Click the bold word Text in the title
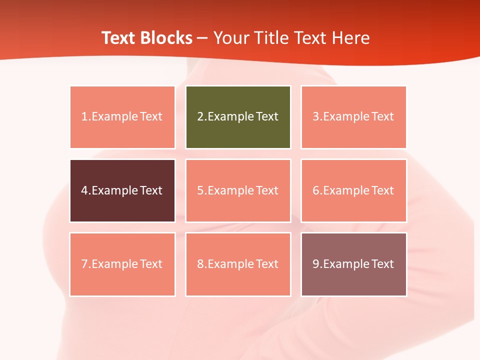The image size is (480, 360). [118, 38]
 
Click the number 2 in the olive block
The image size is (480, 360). [200, 116]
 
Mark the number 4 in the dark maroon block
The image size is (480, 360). [84, 190]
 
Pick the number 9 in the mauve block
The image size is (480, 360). [315, 264]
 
